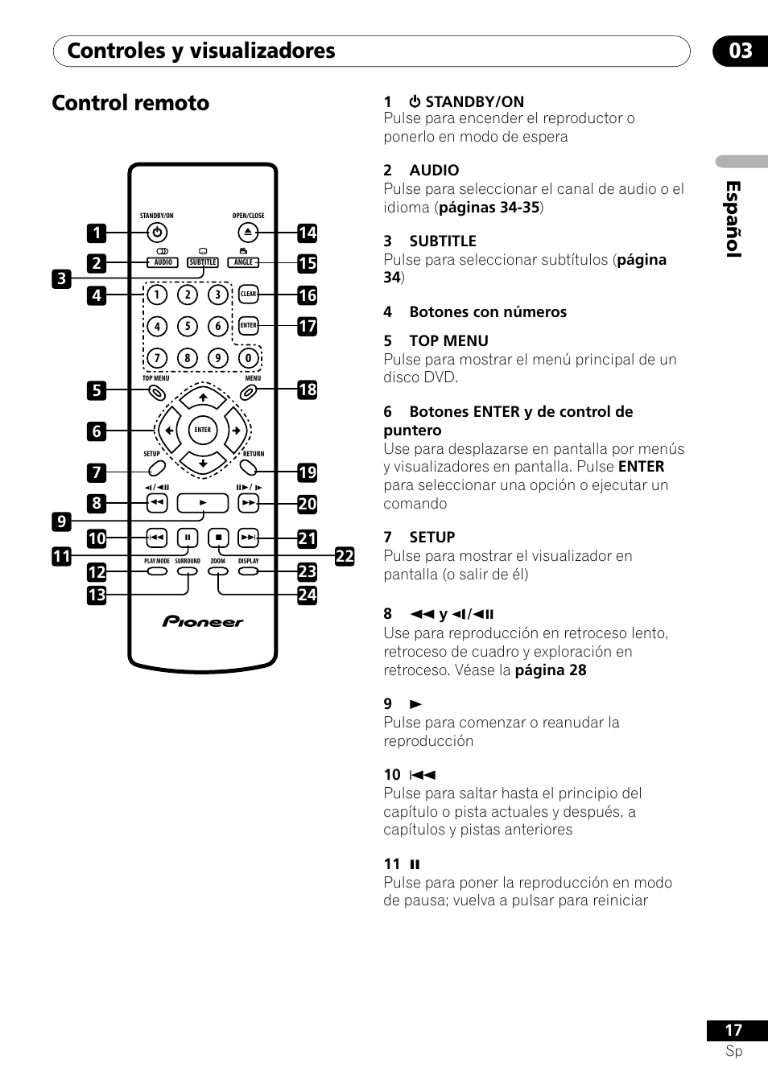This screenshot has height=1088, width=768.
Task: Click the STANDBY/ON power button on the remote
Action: pos(157,233)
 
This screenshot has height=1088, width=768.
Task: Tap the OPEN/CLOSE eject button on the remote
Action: pos(248,233)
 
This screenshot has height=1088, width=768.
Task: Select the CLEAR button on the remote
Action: pos(248,294)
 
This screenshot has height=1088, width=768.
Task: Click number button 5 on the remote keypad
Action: pos(188,326)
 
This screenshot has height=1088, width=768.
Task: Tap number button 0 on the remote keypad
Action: pos(248,358)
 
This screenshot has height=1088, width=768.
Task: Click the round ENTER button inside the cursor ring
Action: pos(203,430)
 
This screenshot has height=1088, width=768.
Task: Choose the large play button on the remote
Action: pos(203,503)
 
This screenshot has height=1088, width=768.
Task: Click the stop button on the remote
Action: pos(218,538)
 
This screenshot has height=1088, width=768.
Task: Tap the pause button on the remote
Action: pos(188,538)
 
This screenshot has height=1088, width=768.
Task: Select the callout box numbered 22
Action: pos(345,555)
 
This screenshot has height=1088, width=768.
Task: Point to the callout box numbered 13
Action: pos(97,595)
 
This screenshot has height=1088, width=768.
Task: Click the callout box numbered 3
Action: pos(62,278)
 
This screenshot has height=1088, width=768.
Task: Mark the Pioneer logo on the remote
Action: pos(203,622)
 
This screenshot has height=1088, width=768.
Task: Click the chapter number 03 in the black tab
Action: pos(741,51)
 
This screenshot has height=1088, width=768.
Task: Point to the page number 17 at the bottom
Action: pos(733,1030)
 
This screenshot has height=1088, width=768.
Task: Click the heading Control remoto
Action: pos(130,103)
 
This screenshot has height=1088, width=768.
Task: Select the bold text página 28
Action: pos(551,670)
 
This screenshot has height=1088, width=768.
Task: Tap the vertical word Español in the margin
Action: pos(733,219)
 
